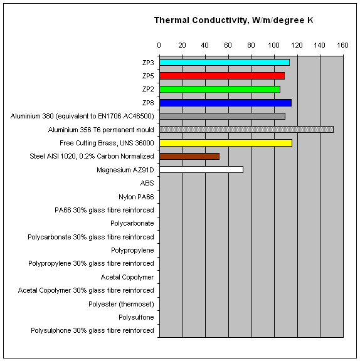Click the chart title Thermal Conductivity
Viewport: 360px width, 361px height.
[x=233, y=21]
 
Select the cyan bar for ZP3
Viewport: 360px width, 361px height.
[x=225, y=63]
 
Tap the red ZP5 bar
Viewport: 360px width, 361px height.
[x=222, y=76]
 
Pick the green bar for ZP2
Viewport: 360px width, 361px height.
[x=220, y=90]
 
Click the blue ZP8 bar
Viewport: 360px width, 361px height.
[x=226, y=103]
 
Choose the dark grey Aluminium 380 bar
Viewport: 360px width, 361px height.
[x=223, y=117]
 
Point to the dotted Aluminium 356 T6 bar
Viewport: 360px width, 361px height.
[x=246, y=129]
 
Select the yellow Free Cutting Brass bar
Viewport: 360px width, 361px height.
[x=226, y=143]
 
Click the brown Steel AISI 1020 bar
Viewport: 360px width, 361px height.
[x=189, y=156]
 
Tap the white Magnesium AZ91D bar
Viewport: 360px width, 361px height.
[x=201, y=170]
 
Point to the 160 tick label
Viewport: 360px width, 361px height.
[x=342, y=45]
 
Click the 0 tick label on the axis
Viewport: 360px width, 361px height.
[x=159, y=45]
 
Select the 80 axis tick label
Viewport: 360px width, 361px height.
[x=251, y=45]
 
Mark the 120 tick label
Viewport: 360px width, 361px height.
[x=297, y=45]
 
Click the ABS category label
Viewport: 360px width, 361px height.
[x=147, y=183]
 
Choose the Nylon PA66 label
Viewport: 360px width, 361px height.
[x=136, y=197]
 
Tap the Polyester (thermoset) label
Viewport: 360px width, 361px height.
[x=121, y=304]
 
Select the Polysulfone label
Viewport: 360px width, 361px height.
[x=136, y=317]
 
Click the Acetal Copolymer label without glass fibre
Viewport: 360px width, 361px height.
[x=127, y=277]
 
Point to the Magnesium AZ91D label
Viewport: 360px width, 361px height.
[x=125, y=170]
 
